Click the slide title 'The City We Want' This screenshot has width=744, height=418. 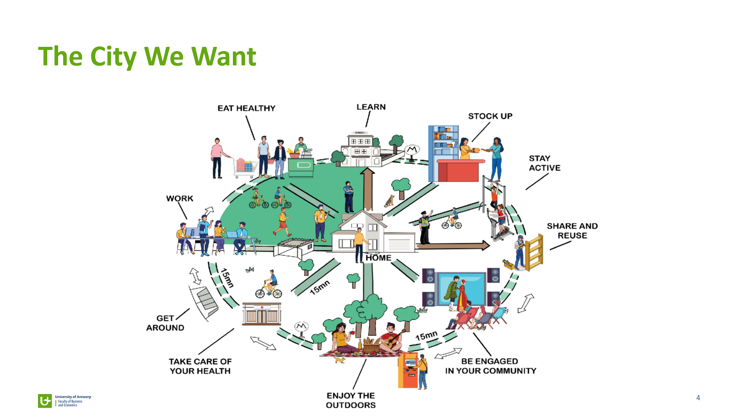click(147, 57)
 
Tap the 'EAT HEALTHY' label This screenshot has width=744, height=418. click(246, 108)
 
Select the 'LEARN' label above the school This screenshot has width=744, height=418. click(371, 107)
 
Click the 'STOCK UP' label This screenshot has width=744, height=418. click(490, 116)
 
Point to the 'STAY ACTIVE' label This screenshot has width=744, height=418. click(544, 163)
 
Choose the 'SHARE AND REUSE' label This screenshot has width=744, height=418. click(572, 231)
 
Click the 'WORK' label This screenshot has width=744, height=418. click(179, 199)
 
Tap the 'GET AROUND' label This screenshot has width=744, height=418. click(165, 323)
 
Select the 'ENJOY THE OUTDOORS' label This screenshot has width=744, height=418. click(351, 400)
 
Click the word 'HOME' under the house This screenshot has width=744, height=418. click(379, 258)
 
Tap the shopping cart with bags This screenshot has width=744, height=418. click(244, 167)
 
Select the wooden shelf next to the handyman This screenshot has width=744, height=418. click(534, 252)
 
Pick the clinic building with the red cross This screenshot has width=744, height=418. click(262, 314)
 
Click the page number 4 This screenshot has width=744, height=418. click(698, 398)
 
